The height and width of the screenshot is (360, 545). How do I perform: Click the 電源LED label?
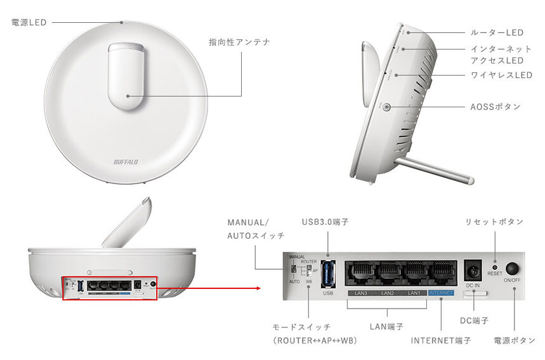pyautogui.click(x=29, y=22)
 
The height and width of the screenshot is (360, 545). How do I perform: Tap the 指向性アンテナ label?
pyautogui.click(x=239, y=42)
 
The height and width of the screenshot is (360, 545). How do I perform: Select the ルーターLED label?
pyautogui.click(x=497, y=32)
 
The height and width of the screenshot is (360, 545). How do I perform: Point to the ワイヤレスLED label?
pyautogui.click(x=501, y=75)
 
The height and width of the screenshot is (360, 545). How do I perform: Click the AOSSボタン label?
pyautogui.click(x=496, y=107)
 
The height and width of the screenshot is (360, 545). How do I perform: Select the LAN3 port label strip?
pyautogui.click(x=362, y=293)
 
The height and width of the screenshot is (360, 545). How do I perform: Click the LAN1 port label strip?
pyautogui.click(x=414, y=293)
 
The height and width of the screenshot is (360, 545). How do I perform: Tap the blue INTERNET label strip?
pyautogui.click(x=441, y=293)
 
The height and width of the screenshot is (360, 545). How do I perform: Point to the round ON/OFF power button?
pyautogui.click(x=512, y=269)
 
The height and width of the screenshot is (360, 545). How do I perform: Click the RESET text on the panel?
pyautogui.click(x=495, y=274)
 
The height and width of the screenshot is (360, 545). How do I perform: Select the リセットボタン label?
pyautogui.click(x=494, y=222)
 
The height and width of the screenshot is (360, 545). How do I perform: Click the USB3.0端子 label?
pyautogui.click(x=325, y=222)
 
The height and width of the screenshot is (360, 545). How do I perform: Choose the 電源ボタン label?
pyautogui.click(x=514, y=341)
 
